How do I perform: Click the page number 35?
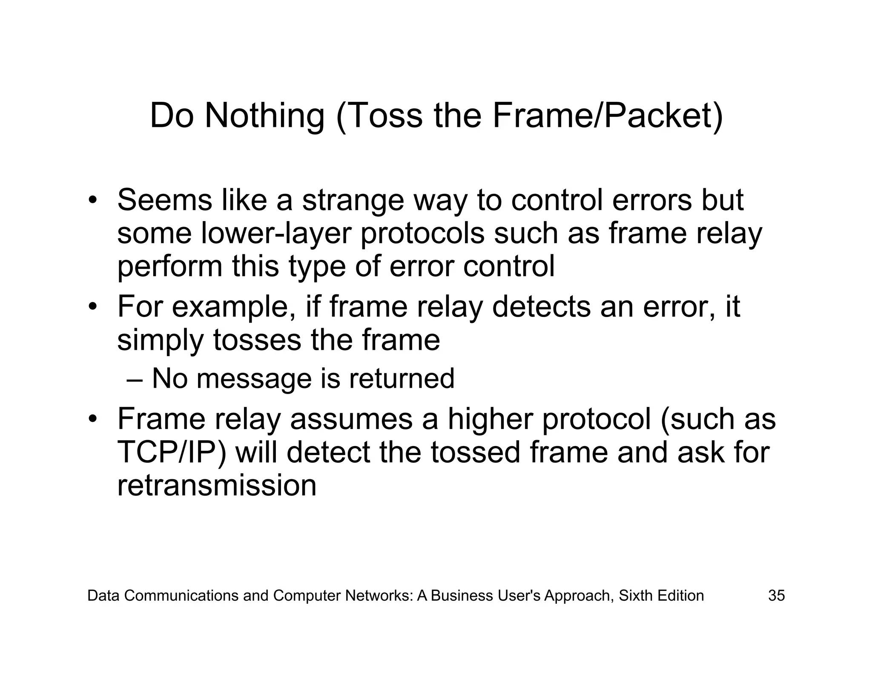click(x=776, y=595)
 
